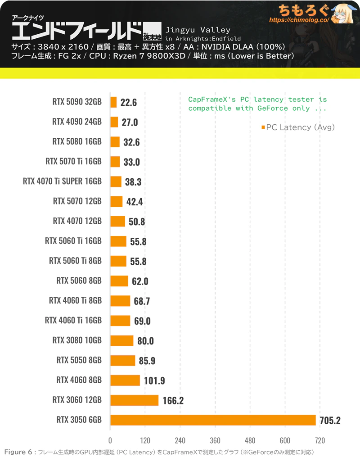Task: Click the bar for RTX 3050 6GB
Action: (x=213, y=420)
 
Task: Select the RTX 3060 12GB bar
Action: (x=134, y=400)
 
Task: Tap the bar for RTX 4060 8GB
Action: (x=125, y=380)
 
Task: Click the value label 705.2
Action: (x=330, y=421)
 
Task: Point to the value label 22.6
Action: (x=128, y=103)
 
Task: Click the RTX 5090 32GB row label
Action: (x=77, y=102)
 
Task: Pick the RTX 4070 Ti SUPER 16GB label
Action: (x=62, y=181)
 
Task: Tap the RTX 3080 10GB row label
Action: (x=77, y=340)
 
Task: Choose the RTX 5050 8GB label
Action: (x=79, y=360)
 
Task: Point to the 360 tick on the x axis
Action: (x=215, y=440)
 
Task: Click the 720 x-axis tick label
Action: (x=320, y=440)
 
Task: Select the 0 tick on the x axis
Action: (x=110, y=440)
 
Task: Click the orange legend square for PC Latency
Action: (x=263, y=128)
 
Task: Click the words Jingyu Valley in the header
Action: (x=198, y=30)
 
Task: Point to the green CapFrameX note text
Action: (x=257, y=104)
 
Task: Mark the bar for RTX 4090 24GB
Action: (x=114, y=122)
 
